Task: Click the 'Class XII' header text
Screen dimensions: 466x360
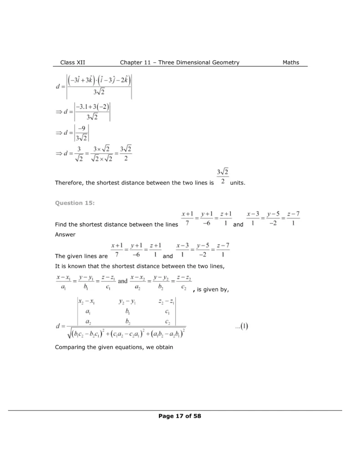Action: (x=73, y=62)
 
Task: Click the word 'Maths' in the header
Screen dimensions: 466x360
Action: (x=291, y=62)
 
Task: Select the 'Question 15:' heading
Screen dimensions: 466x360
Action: (x=75, y=203)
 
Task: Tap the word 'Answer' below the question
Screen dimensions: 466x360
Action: (x=65, y=235)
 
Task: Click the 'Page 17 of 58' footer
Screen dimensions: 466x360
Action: (x=180, y=416)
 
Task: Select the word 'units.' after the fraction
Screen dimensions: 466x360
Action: (x=238, y=182)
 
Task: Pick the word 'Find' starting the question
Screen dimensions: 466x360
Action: (x=61, y=224)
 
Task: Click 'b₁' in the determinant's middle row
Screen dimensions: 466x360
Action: (x=127, y=311)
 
